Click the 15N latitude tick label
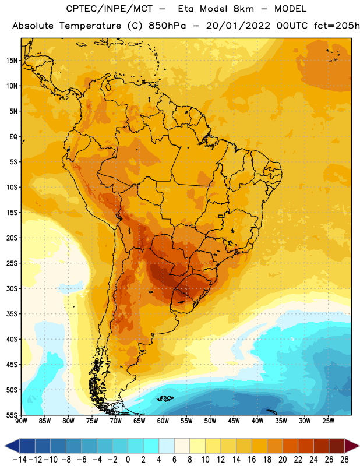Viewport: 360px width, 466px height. [12, 61]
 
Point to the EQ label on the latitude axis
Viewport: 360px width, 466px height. [13, 137]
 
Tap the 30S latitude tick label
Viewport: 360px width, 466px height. [12, 288]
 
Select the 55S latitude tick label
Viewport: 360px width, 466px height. [12, 415]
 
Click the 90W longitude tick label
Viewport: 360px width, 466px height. [21, 421]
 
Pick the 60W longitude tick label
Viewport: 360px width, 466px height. [163, 421]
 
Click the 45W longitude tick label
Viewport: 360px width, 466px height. [234, 421]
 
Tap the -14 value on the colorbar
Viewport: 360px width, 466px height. [20, 460]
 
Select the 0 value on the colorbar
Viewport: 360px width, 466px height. [128, 460]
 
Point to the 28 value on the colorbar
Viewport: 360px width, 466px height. [344, 460]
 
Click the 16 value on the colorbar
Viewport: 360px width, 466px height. [252, 460]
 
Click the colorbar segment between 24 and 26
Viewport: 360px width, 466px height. [322, 446]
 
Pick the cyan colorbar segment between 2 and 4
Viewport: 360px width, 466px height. [151, 446]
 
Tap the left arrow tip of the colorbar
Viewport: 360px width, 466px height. [5, 446]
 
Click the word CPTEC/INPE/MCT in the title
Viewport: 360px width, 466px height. [110, 9]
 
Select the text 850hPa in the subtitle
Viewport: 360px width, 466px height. [167, 26]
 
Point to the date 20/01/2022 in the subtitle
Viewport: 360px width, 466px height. [238, 26]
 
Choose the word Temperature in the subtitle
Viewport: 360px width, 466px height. [90, 26]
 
